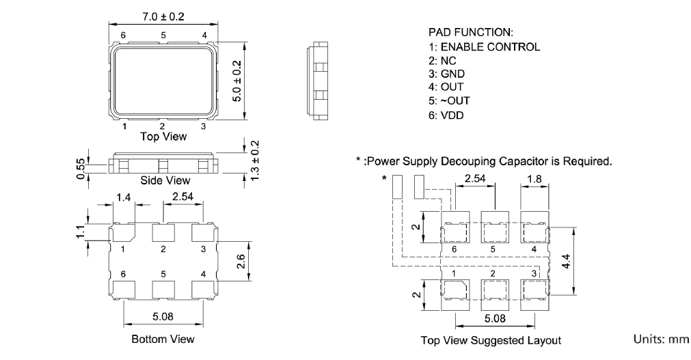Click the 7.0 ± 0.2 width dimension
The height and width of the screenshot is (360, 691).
pyautogui.click(x=163, y=16)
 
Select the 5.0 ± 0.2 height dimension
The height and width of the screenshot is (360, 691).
pyautogui.click(x=236, y=81)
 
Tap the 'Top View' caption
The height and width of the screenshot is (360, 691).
pyautogui.click(x=163, y=136)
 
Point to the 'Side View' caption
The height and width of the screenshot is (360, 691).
pyautogui.click(x=165, y=180)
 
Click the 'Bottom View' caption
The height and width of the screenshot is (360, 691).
pyautogui.click(x=163, y=339)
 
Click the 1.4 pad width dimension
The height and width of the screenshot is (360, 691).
pyautogui.click(x=123, y=197)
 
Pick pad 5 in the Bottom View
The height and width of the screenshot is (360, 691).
pyautogui.click(x=163, y=289)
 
